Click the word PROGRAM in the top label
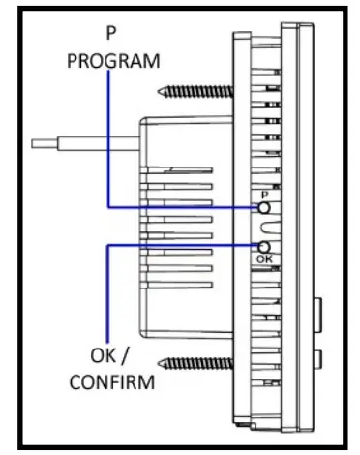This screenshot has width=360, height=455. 112,61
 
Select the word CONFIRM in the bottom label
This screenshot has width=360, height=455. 111,382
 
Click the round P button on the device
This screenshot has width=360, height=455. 263,208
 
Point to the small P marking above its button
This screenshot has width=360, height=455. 263,195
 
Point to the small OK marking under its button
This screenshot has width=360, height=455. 263,259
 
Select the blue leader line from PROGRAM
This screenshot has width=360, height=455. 109,145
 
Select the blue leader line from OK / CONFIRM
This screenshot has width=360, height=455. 107,290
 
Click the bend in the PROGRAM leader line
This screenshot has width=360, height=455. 109,206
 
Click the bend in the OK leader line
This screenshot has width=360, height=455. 107,246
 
